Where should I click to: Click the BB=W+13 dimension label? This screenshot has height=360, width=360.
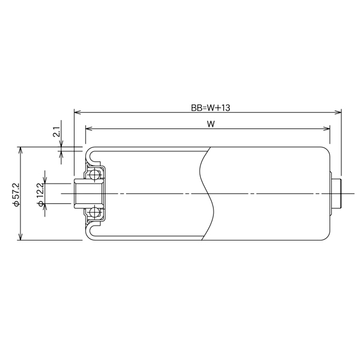point(211,107)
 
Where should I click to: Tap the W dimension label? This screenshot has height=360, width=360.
point(211,124)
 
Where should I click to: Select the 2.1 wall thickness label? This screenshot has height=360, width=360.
point(56,132)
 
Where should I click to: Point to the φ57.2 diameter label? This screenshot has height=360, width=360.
point(16,194)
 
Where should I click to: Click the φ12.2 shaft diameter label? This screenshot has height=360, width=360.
point(40,194)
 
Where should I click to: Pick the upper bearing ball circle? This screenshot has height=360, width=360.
point(94,175)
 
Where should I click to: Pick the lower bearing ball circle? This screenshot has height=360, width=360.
point(94,212)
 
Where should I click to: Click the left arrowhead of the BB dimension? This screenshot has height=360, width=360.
point(77,112)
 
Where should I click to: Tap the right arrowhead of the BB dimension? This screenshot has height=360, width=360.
point(338,112)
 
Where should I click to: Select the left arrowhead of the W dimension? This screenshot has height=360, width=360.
point(89,128)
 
